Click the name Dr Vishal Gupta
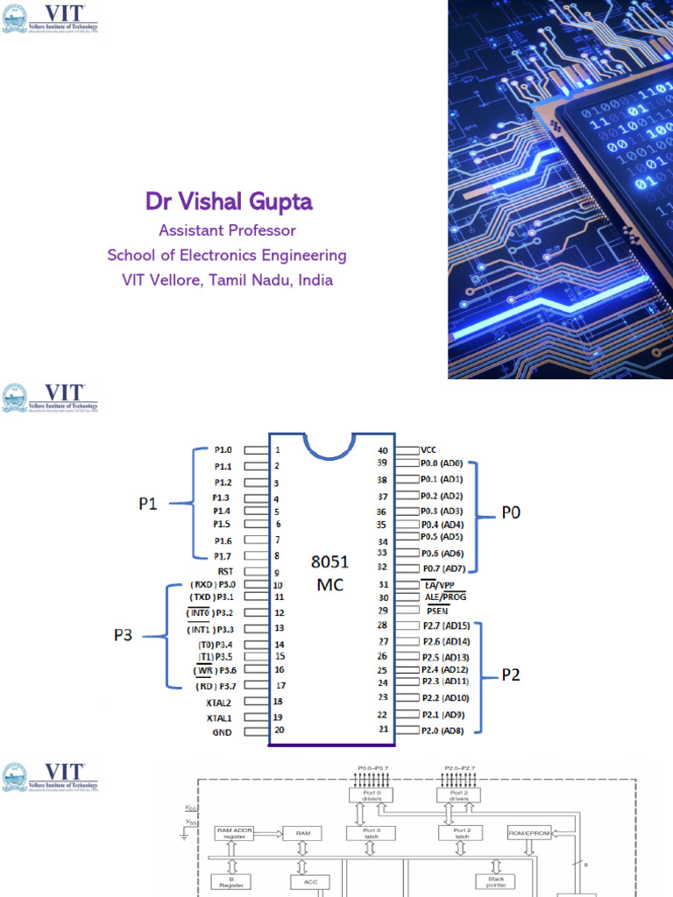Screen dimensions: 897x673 pyautogui.click(x=229, y=202)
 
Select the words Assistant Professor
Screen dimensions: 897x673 pyautogui.click(x=227, y=230)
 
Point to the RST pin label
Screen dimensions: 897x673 pyautogui.click(x=223, y=570)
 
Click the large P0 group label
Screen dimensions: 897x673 pyautogui.click(x=510, y=512)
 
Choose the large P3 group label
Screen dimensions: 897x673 pyautogui.click(x=122, y=636)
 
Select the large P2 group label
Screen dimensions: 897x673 pyautogui.click(x=511, y=675)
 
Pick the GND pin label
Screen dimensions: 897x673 pyautogui.click(x=222, y=731)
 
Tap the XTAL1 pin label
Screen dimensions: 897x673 pyautogui.click(x=219, y=717)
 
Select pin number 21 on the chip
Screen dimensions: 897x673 pyautogui.click(x=382, y=729)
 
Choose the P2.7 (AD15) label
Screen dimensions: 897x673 pyautogui.click(x=445, y=625)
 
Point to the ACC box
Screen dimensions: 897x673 pyautogui.click(x=310, y=883)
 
